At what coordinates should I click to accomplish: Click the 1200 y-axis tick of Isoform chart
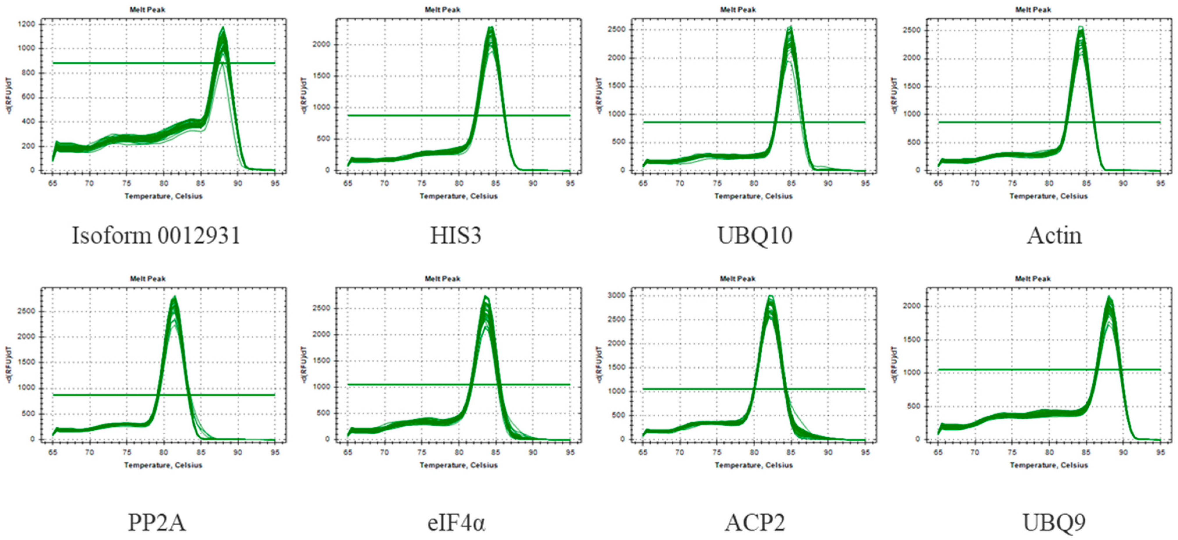click(x=26, y=24)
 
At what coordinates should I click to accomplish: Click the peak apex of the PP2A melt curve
click(x=174, y=297)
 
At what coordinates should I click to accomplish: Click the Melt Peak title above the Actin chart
click(x=1033, y=10)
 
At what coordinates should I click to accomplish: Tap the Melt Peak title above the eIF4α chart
click(x=442, y=278)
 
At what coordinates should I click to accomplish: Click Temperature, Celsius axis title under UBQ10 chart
click(x=738, y=196)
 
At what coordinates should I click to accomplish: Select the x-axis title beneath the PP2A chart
click(x=163, y=465)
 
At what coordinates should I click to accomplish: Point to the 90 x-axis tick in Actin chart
click(x=1123, y=183)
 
